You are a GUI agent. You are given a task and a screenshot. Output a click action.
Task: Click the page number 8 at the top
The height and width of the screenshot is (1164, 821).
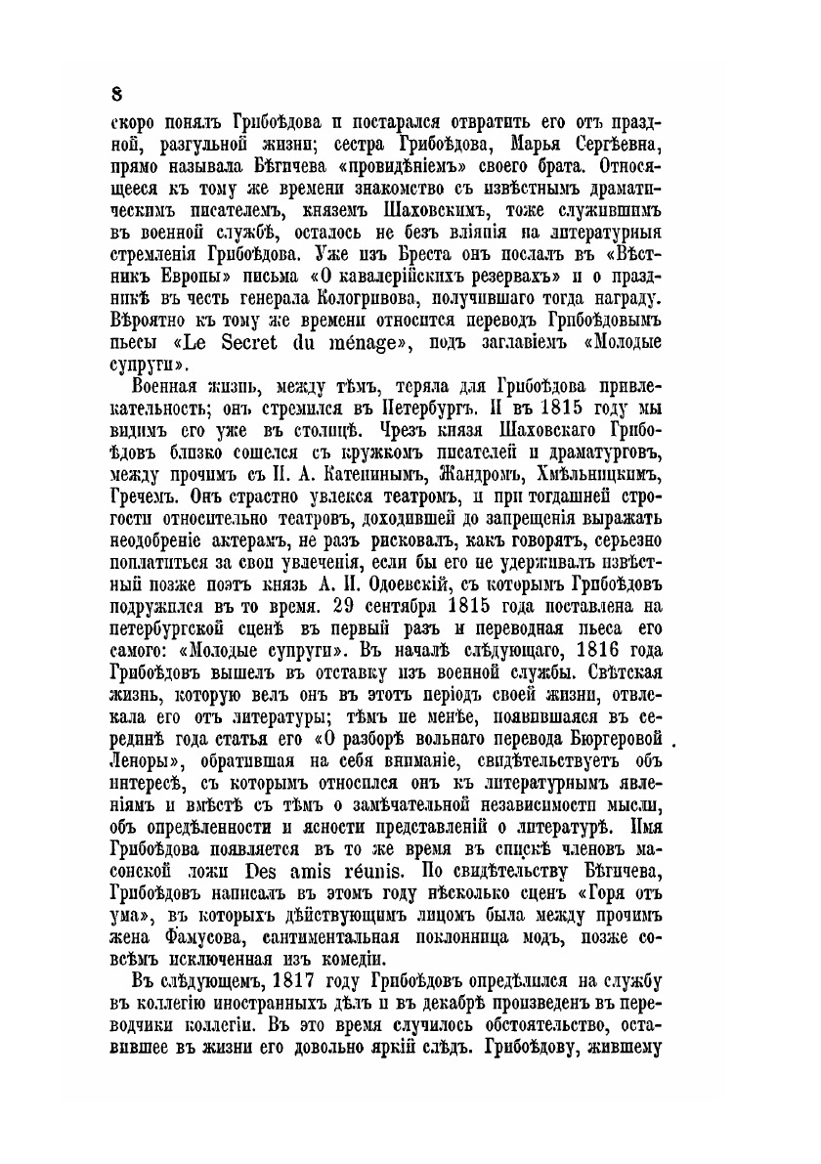coord(116,93)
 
